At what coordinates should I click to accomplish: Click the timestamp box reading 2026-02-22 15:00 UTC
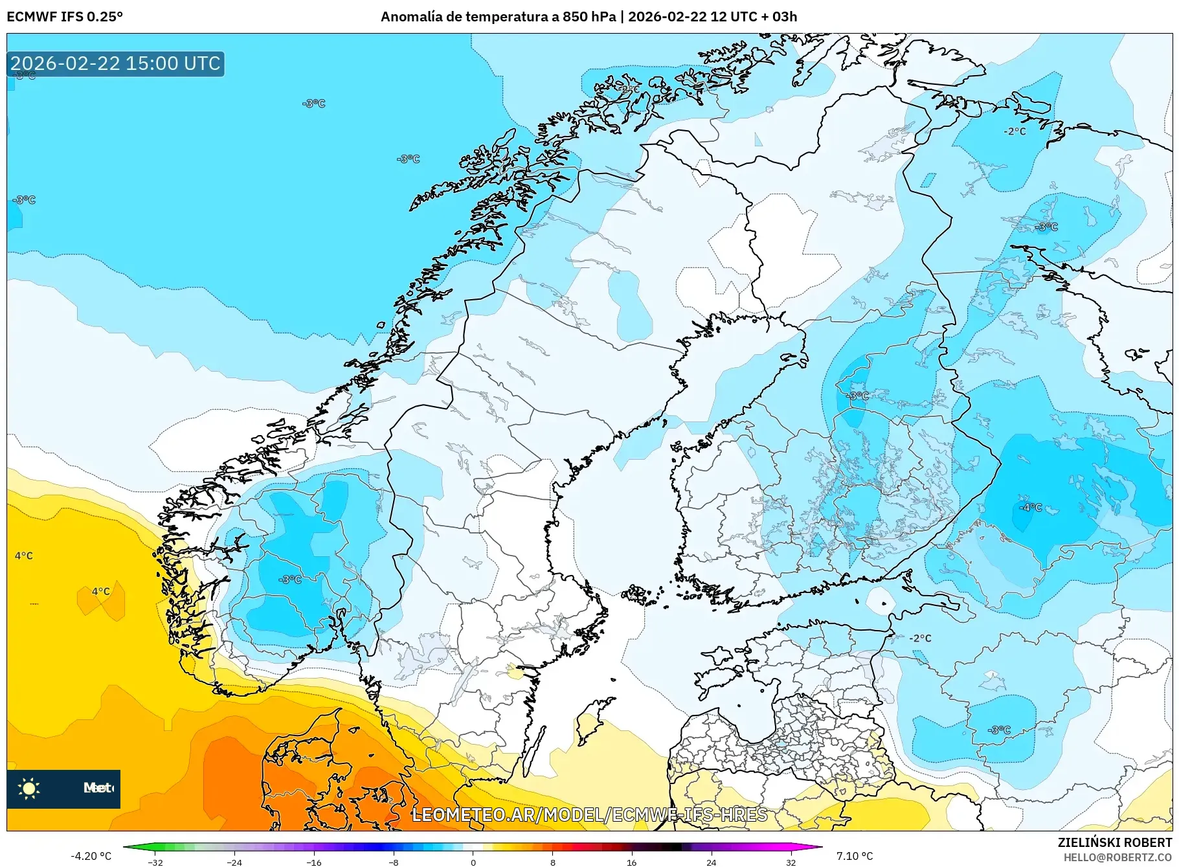coord(115,63)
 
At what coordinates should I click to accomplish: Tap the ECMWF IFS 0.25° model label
coord(65,17)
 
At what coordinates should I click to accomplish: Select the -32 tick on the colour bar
coord(155,862)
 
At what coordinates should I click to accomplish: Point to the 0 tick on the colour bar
coord(473,862)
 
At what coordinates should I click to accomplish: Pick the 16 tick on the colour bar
coord(631,862)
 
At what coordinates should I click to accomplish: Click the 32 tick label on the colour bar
coord(791,862)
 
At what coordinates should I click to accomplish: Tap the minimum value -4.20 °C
coord(91,856)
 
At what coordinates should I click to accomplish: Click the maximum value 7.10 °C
coord(855,856)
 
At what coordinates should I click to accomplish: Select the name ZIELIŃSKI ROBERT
coord(1115,842)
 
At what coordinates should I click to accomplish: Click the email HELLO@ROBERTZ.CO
coord(1117,857)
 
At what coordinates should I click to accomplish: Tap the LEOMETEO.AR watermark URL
coord(589,815)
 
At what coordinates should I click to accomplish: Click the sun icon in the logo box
coord(29,788)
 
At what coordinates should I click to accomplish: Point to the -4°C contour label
coord(1031,507)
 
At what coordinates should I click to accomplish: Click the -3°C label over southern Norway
coord(290,580)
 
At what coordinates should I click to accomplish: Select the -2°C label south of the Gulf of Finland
coord(920,638)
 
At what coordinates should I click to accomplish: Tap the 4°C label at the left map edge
coord(23,556)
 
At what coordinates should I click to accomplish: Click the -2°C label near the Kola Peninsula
coord(1015,131)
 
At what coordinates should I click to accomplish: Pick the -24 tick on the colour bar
coord(234,862)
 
